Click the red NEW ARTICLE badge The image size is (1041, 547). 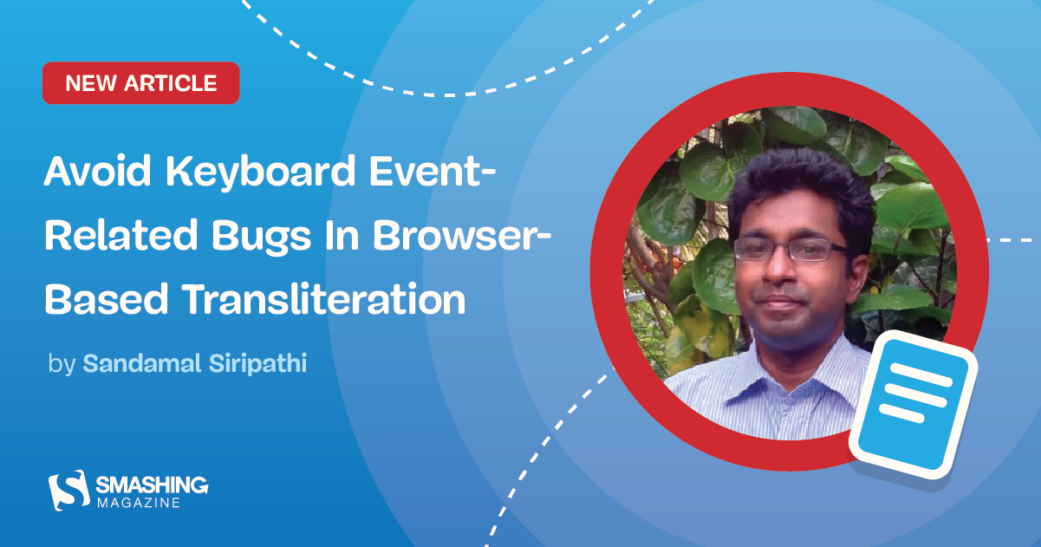(x=140, y=83)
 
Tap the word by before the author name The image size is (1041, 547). (x=62, y=364)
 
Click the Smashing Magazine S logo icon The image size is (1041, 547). (x=68, y=490)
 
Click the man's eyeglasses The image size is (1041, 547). (x=790, y=250)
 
